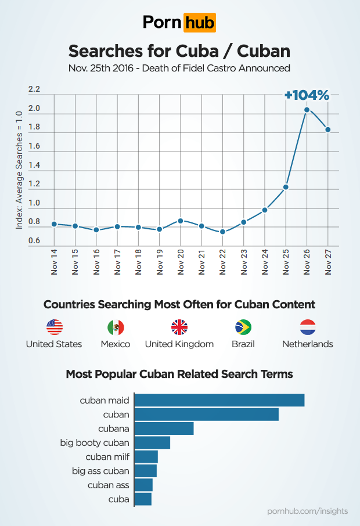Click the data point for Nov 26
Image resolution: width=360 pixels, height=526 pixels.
tap(307, 109)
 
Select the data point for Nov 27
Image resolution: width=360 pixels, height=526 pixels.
tap(328, 129)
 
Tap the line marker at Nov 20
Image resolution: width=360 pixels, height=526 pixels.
tap(181, 221)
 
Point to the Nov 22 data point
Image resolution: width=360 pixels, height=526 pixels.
tap(222, 232)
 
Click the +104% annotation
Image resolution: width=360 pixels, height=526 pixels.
tap(307, 95)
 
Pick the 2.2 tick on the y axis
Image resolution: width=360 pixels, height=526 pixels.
tap(34, 89)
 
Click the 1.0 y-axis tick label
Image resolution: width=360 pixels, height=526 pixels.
tap(34, 203)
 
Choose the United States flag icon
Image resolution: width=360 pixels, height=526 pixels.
tap(54, 327)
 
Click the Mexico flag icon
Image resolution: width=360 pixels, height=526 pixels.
tap(116, 327)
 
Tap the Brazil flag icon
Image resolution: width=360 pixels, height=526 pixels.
tap(243, 327)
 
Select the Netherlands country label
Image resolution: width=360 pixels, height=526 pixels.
tap(307, 344)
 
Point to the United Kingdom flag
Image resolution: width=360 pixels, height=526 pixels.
tap(179, 327)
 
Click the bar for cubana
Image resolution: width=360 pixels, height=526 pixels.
tap(164, 428)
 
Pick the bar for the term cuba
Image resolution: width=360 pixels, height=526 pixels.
tap(143, 499)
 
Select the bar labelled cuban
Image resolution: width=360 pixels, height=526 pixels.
tap(207, 414)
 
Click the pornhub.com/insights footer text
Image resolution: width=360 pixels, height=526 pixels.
tap(308, 511)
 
